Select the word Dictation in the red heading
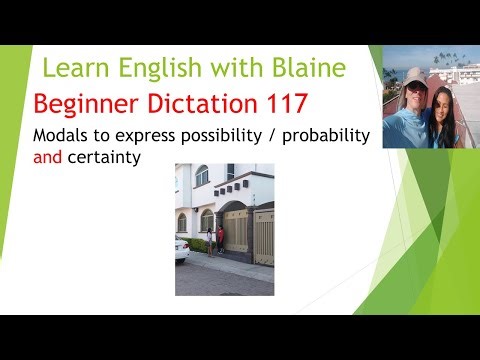pos(179,102)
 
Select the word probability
pos(325,135)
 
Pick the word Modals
pos(61,135)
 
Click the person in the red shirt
pos(221,240)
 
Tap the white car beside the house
pos(181,249)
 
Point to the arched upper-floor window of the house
pos(202,175)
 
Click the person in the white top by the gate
pos(210,241)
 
